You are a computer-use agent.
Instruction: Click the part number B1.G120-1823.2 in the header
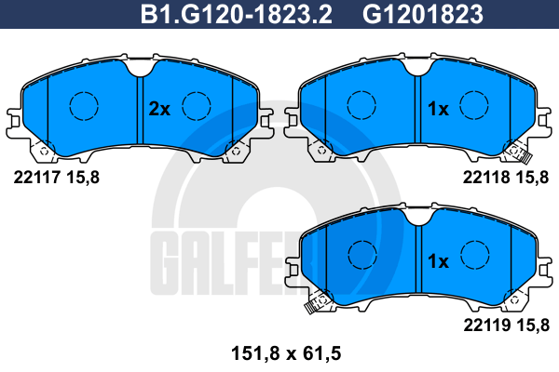click(x=237, y=14)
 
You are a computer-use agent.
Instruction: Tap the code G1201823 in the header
click(x=423, y=14)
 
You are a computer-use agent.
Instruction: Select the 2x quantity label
click(x=159, y=109)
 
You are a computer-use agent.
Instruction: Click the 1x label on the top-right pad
click(x=438, y=109)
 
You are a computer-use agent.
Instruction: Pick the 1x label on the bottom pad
click(x=438, y=261)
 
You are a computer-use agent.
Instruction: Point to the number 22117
click(x=36, y=177)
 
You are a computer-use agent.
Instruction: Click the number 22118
click(x=486, y=177)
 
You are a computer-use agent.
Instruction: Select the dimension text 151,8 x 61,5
click(x=286, y=353)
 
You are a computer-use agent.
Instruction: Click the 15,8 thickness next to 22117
click(x=83, y=177)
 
